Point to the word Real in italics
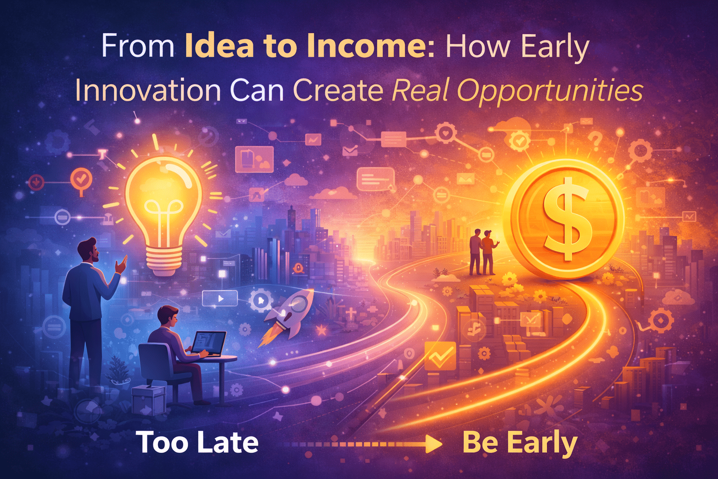420,90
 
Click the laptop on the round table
208,344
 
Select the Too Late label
197,443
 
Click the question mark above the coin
595,139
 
